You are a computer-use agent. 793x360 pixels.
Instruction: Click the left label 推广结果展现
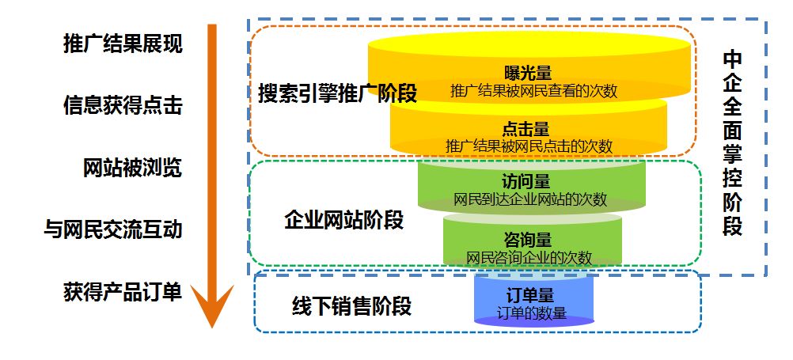tap(123, 44)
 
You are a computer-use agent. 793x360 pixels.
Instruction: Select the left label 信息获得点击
tap(123, 105)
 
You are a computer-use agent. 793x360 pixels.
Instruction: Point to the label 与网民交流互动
tap(112, 229)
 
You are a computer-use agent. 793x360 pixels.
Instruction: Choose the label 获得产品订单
tap(123, 291)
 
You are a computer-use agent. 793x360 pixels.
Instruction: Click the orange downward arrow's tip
tap(212, 324)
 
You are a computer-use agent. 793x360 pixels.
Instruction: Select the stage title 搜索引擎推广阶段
tap(337, 93)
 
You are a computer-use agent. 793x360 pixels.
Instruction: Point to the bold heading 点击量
tap(526, 129)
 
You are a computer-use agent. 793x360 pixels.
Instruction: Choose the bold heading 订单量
tap(529, 296)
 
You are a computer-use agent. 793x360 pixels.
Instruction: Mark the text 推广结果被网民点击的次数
tap(529, 146)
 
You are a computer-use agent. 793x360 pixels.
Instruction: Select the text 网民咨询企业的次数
tap(529, 257)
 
